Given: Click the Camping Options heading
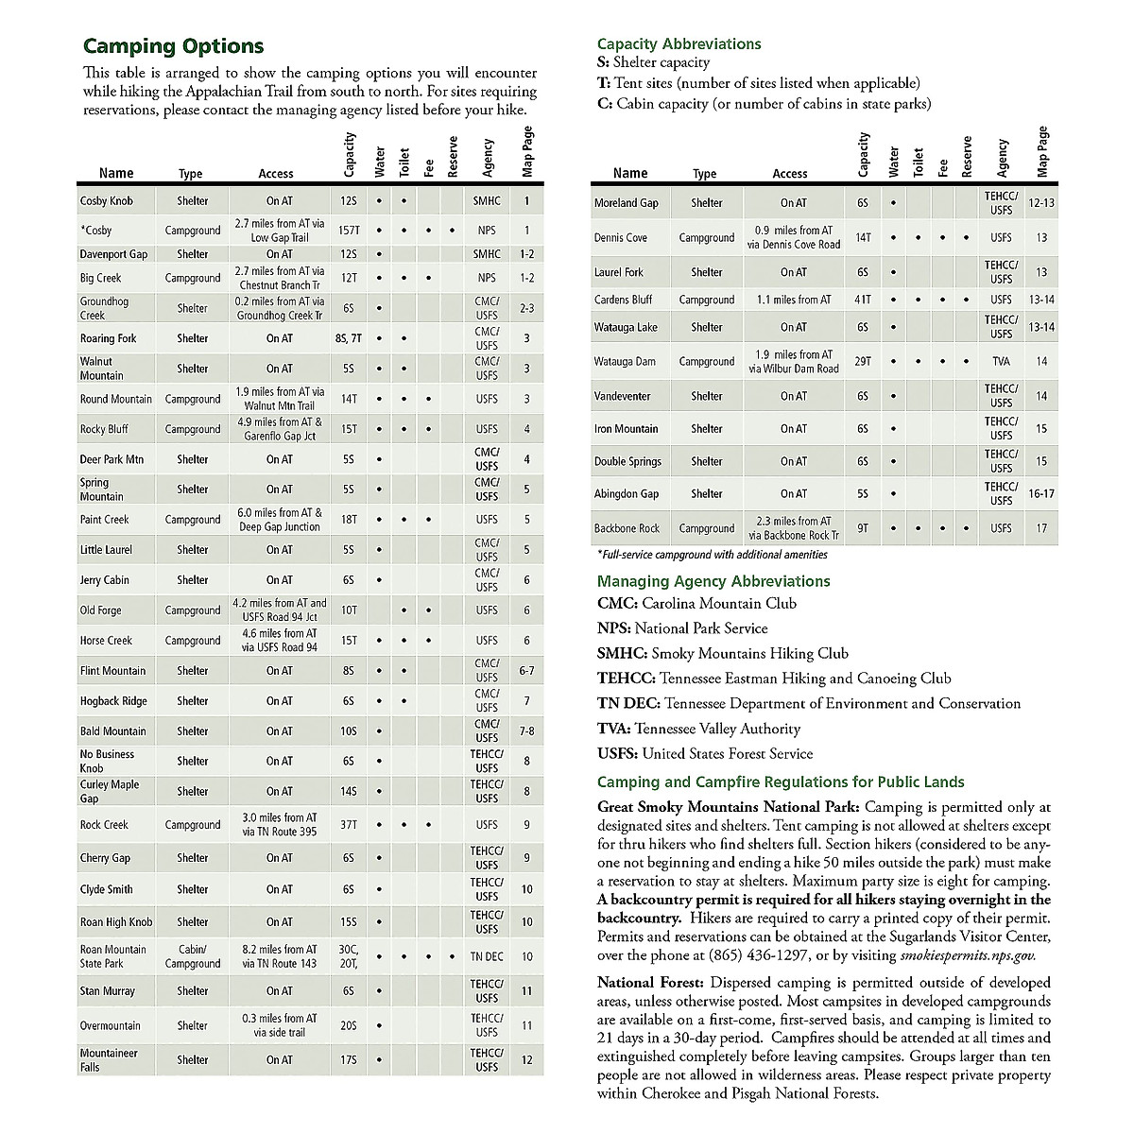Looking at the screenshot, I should [174, 46].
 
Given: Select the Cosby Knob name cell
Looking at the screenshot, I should [107, 201].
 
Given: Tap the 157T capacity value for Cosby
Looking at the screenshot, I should [349, 231].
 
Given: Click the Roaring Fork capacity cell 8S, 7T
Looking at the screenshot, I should [349, 338].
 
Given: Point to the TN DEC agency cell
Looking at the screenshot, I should [487, 956].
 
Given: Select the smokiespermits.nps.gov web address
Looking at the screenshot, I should [967, 955].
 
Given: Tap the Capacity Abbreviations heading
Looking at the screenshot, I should [679, 43].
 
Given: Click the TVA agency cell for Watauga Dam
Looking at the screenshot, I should [1001, 362].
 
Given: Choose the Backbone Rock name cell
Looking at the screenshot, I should [627, 528].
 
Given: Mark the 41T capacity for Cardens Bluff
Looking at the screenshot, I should [863, 300].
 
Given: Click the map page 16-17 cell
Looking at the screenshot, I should [1040, 494].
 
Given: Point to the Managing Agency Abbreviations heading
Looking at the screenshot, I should [713, 581].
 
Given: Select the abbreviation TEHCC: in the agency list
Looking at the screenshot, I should [626, 679].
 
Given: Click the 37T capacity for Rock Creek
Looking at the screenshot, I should [349, 825].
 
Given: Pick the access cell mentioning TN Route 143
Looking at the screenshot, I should [280, 956].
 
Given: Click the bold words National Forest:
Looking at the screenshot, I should [651, 984].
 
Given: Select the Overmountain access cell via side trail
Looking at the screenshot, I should [280, 1025].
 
